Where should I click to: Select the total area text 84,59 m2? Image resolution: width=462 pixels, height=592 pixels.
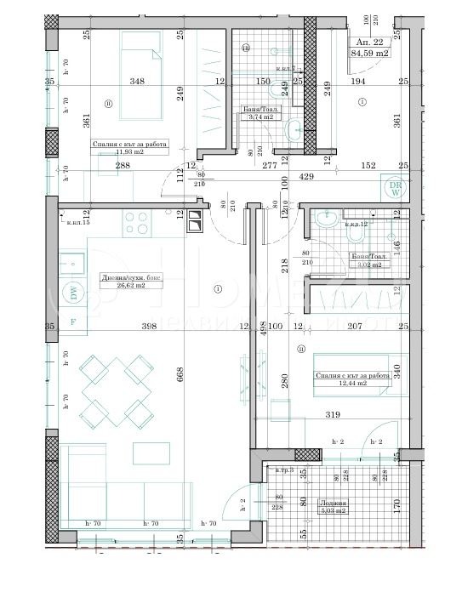[x=371, y=54]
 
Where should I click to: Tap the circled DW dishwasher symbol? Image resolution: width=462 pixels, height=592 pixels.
[x=73, y=293]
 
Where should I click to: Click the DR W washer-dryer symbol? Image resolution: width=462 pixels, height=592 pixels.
[x=395, y=189]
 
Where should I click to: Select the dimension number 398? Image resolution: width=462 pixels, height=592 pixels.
[x=150, y=326]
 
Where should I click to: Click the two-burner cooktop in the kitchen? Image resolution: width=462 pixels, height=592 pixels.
[x=196, y=220]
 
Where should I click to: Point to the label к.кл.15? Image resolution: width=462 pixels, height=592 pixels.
[x=78, y=223]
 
